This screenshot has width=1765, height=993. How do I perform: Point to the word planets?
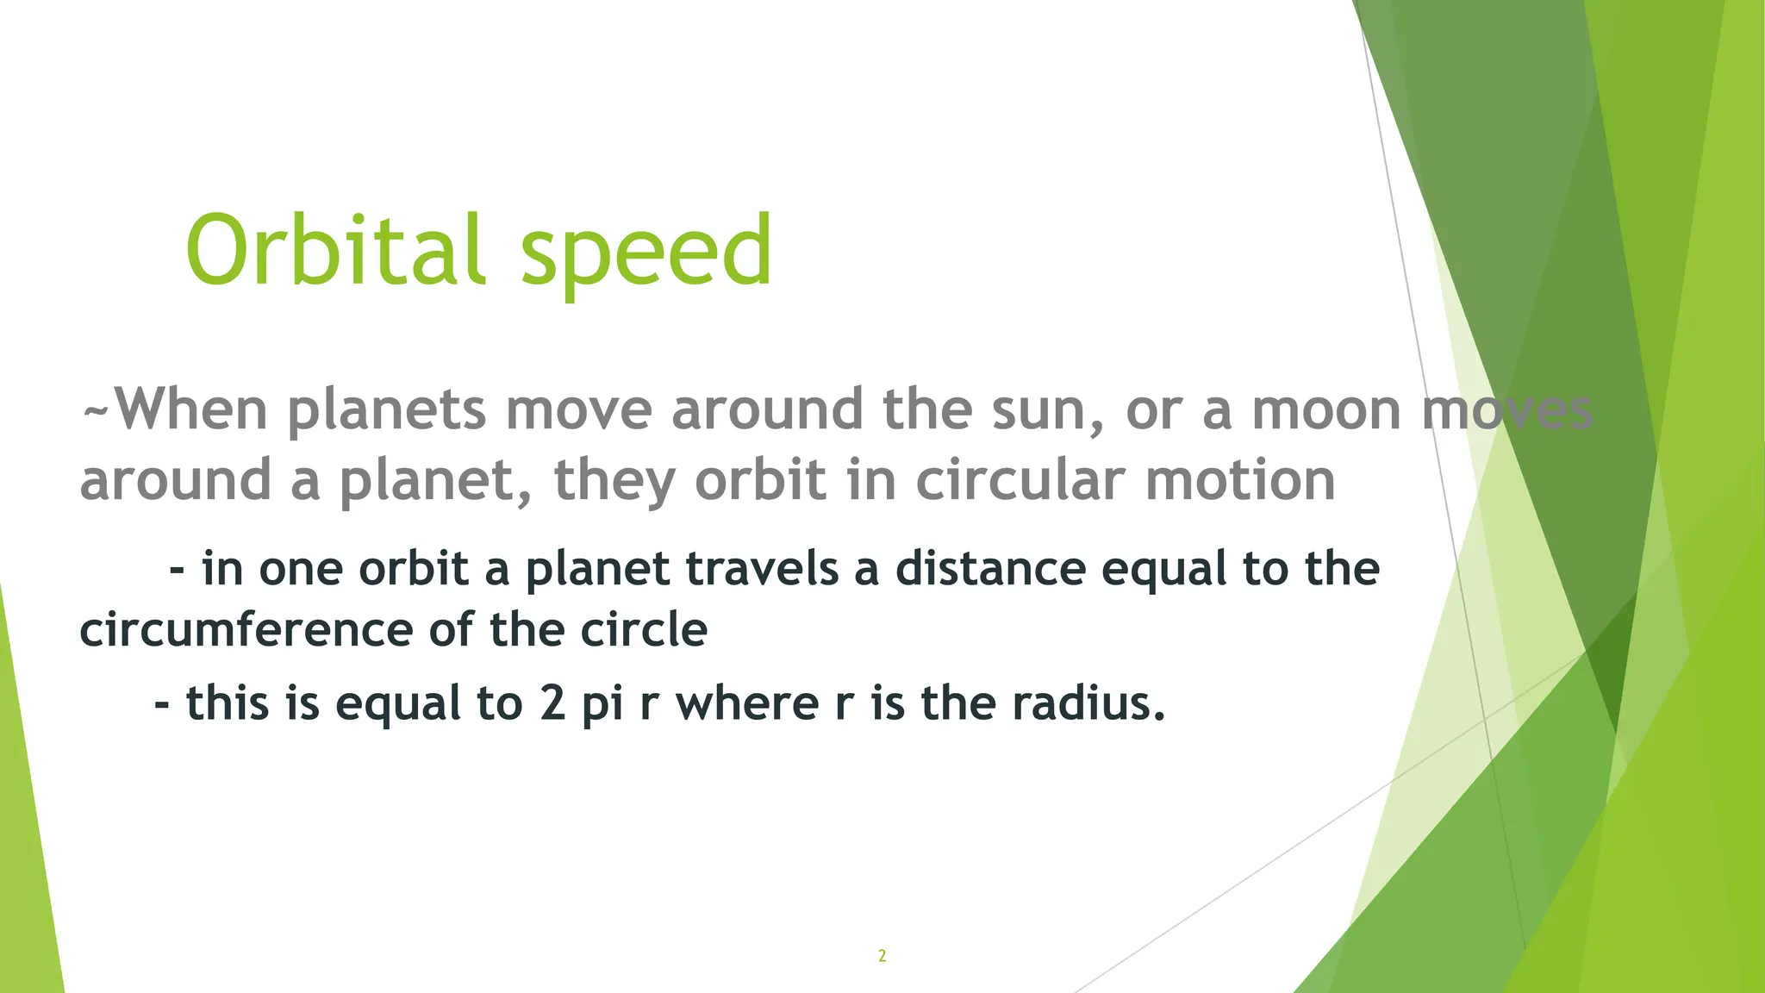[387, 411]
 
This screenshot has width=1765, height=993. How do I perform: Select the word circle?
[643, 630]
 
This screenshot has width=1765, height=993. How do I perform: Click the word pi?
[602, 704]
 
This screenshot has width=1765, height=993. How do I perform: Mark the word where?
[746, 703]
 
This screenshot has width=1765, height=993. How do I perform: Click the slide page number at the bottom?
[882, 955]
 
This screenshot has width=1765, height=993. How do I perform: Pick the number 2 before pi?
[552, 703]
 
